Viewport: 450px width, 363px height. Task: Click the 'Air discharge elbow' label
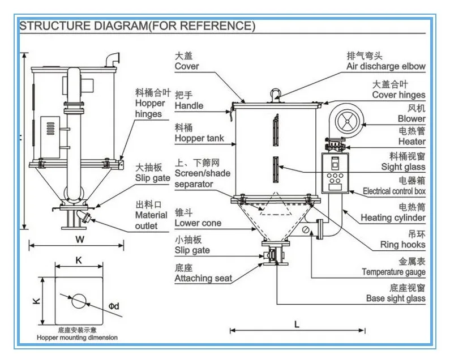tap(385, 66)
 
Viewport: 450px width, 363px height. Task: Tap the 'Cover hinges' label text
tap(398, 95)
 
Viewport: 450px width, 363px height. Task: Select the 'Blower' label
tap(411, 119)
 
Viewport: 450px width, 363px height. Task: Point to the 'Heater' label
tap(412, 142)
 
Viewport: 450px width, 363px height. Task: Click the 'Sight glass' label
tap(403, 167)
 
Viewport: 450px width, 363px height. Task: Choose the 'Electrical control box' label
tap(394, 191)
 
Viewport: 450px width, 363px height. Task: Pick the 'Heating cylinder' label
tap(393, 217)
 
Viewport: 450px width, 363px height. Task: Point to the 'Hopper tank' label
tap(199, 138)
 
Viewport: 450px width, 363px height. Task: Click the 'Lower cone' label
tap(198, 223)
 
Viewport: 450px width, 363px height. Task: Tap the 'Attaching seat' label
tap(203, 278)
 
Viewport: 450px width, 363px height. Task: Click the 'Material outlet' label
tap(151, 220)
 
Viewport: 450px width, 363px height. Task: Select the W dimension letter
tap(76, 238)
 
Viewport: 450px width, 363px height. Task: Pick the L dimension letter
tap(297, 324)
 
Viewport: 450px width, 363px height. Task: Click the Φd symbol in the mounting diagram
tap(113, 306)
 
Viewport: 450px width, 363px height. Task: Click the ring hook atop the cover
tap(276, 92)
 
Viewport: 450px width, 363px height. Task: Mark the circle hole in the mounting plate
tap(78, 300)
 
